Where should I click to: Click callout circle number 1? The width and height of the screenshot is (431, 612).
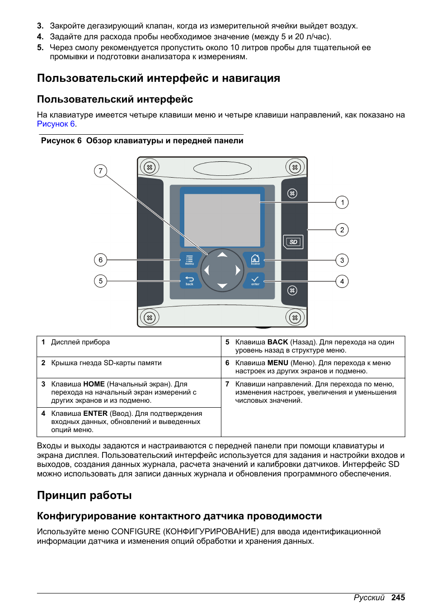342,202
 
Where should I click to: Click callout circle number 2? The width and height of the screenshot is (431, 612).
342,230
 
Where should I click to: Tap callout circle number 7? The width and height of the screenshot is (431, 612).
100,171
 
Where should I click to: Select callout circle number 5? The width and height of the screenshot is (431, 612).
100,281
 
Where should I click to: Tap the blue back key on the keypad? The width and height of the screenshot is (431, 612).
189,281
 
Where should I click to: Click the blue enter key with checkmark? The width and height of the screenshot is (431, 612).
255,281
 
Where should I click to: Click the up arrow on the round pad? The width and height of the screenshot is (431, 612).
222,255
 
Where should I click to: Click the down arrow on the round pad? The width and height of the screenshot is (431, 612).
222,286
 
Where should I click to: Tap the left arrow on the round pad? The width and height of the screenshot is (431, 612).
207,270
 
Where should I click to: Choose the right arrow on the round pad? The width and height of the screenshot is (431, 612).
238,270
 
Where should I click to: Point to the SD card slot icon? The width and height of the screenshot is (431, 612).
293,242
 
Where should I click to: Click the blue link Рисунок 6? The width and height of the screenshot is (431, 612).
56,124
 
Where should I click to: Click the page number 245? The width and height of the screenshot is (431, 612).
398,598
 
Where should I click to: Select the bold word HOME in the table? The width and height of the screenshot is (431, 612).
94,384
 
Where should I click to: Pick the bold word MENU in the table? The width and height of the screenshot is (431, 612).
278,363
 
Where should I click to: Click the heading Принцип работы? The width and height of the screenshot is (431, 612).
84,495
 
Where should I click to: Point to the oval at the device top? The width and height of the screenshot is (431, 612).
222,169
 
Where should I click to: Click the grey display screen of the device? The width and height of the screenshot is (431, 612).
222,220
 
